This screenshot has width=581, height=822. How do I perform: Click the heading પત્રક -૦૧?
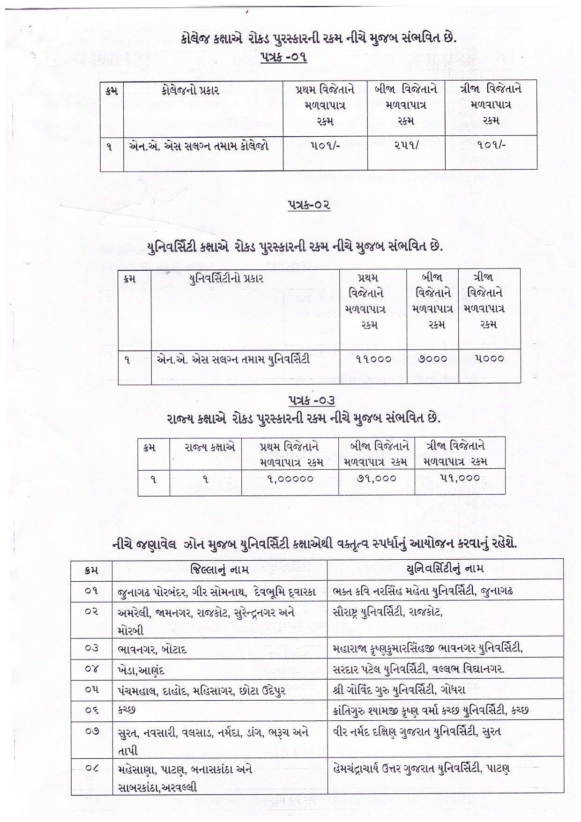[283, 58]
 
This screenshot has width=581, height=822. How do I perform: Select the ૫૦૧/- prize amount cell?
[325, 146]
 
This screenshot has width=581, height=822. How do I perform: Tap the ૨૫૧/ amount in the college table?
[406, 146]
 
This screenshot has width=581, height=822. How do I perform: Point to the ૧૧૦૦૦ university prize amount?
[373, 359]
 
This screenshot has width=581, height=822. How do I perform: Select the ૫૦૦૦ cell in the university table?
[489, 359]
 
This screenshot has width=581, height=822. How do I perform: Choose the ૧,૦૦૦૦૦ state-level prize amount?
[290, 479]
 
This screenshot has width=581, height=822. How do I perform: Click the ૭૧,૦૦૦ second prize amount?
[377, 479]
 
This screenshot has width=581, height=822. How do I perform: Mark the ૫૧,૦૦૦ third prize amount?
[460, 478]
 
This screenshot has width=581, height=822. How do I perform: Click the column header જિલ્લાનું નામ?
[219, 569]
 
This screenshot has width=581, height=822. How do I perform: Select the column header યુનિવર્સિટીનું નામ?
[444, 569]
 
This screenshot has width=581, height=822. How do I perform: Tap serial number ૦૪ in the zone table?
[91, 669]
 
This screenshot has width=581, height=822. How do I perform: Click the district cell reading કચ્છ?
[127, 711]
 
